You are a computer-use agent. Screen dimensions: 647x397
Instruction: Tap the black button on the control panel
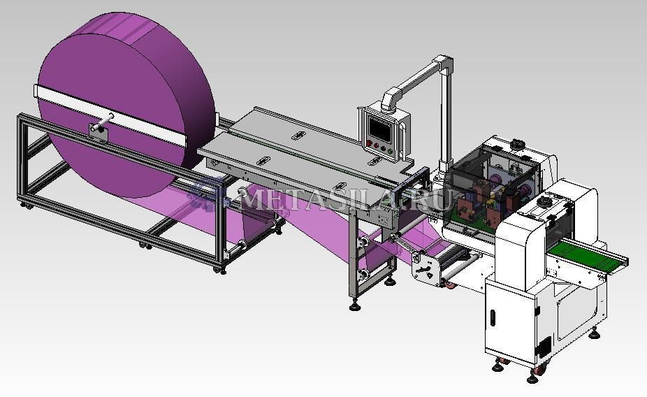click(383, 147)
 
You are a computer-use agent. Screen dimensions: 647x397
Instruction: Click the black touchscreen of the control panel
click(380, 129)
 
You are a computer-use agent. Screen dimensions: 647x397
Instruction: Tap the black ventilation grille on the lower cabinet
click(544, 347)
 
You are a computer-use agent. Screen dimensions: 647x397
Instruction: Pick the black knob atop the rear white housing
click(516, 144)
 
